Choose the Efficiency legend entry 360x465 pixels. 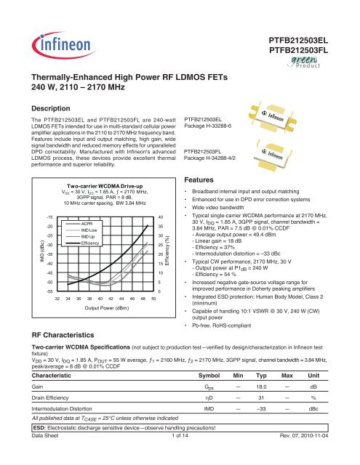point(91,243)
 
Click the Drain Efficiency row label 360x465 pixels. point(44,403)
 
